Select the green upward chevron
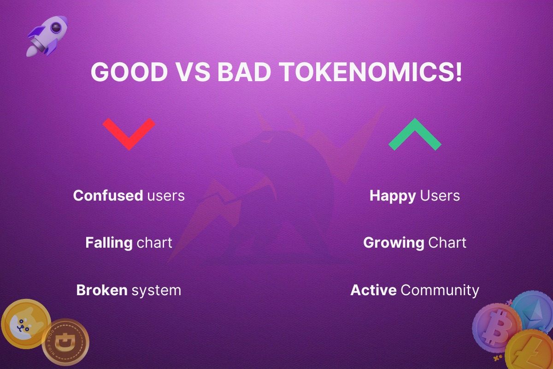coord(415,134)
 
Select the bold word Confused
coord(108,196)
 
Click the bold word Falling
coord(109,243)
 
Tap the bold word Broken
coord(102,290)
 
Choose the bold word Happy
coord(393,196)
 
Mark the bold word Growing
coord(394,243)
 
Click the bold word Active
coord(373,290)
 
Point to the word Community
coord(440,290)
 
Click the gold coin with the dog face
coord(26,324)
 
